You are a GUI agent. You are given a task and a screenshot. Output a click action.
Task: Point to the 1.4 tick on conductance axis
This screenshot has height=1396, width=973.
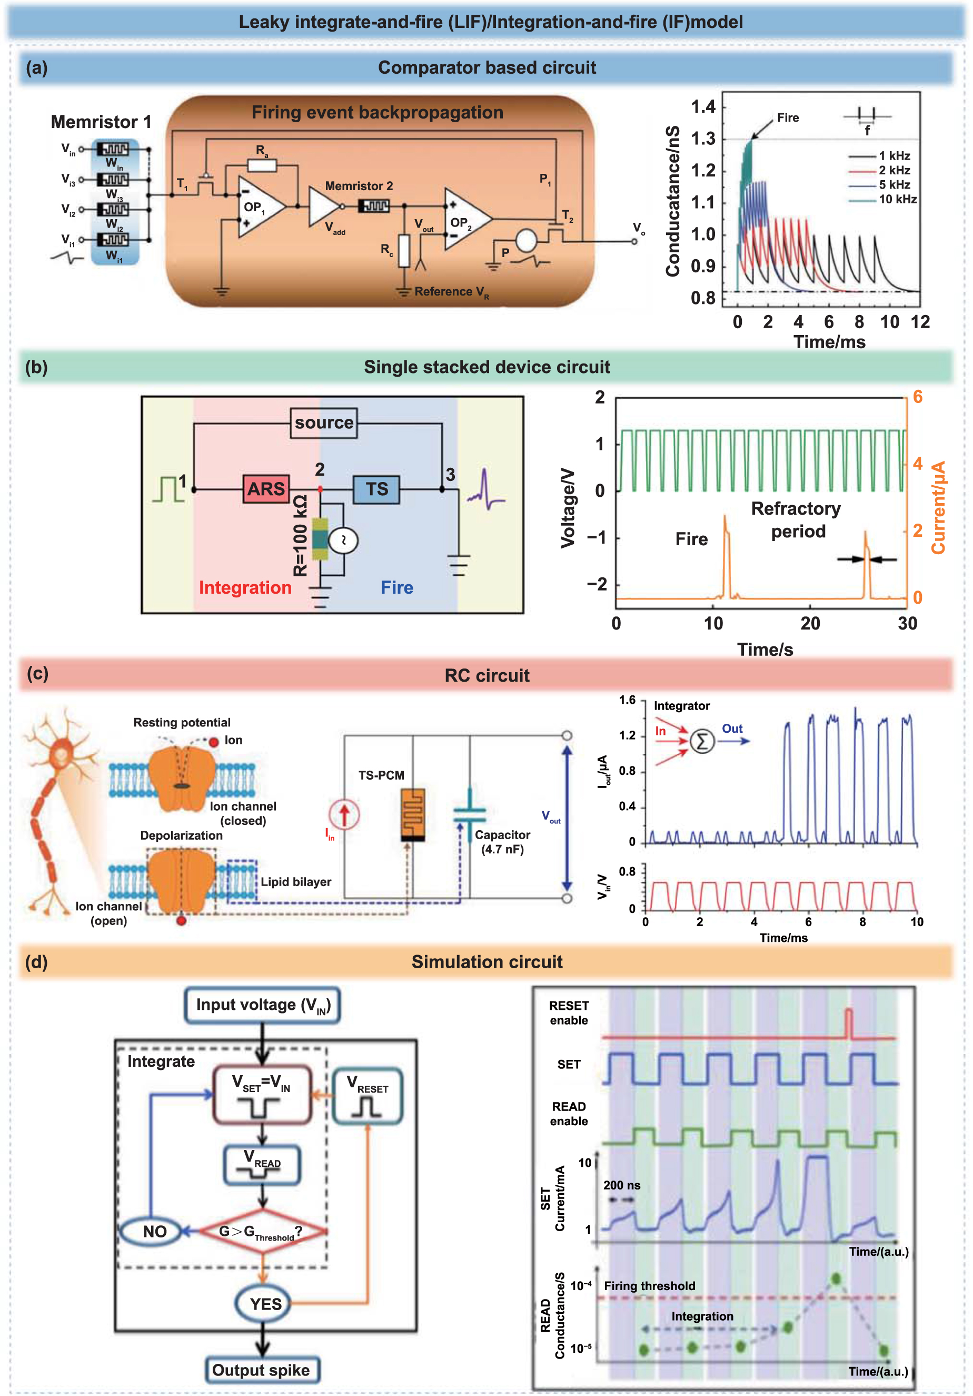point(703,107)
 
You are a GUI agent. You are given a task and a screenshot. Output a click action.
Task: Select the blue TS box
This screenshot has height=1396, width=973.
point(376,489)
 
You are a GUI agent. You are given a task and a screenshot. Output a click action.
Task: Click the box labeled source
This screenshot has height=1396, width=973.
point(323,422)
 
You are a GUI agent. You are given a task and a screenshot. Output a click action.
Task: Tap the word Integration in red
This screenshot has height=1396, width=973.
point(245,587)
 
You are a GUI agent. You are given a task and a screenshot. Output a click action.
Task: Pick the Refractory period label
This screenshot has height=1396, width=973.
point(796,520)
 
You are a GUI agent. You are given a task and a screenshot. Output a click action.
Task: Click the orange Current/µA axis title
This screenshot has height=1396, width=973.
point(938,508)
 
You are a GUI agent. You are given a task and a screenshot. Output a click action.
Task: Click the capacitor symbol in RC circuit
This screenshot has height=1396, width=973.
point(469,815)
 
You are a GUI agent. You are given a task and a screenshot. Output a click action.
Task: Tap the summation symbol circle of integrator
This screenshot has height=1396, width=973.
point(702,741)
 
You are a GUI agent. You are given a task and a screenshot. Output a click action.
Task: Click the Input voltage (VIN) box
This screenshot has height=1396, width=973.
point(262,1005)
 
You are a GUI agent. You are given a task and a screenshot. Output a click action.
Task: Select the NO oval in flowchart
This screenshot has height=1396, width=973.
point(154,1232)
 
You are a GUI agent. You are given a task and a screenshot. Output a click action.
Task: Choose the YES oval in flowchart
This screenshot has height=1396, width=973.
point(265,1304)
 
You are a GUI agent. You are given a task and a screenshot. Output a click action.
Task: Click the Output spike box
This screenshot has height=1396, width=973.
point(261,1371)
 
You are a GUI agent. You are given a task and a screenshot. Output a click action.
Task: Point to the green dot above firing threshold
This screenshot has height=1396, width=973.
point(836,1279)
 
